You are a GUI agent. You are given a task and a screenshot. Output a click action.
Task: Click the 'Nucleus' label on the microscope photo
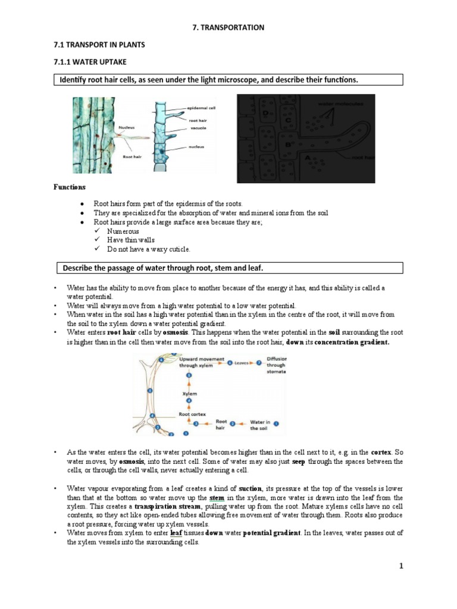pyautogui.click(x=127, y=127)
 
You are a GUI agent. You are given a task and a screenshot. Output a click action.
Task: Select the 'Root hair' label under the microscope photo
pyautogui.click(x=132, y=157)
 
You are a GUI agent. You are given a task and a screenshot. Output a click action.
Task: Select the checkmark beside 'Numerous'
pyautogui.click(x=98, y=231)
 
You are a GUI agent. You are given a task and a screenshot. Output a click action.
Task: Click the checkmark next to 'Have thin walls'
pyautogui.click(x=98, y=240)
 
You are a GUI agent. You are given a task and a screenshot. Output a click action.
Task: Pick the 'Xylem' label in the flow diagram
pyautogui.click(x=189, y=394)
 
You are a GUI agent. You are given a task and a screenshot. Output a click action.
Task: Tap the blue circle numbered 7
pyautogui.click(x=259, y=362)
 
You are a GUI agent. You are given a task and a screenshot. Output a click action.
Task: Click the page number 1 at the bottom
pyautogui.click(x=401, y=566)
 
